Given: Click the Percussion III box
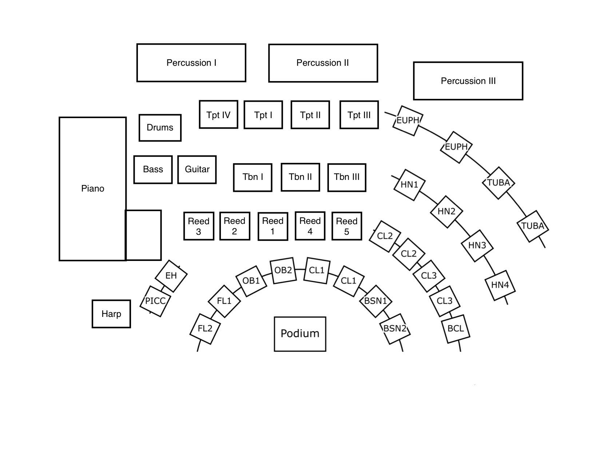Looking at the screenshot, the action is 468,81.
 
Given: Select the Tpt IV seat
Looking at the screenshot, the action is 218,114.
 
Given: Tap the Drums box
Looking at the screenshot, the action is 160,128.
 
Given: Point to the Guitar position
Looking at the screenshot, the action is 197,169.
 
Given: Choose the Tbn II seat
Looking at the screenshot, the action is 301,177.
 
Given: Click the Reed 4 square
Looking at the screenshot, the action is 310,226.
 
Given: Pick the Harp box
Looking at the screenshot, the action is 111,314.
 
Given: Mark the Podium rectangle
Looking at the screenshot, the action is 300,334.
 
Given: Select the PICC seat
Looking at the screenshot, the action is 155,301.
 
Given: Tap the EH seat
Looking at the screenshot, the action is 171,276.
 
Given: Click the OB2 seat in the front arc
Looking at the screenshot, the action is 283,270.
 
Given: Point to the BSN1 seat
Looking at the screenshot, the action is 376,301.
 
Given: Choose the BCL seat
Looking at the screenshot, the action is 456,329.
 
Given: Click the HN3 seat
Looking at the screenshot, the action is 477,245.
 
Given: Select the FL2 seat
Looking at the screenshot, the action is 205,329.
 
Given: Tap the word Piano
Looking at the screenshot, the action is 93,189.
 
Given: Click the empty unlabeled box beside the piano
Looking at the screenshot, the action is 143,235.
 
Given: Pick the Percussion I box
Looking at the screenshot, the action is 191,63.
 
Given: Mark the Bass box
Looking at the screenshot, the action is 153,169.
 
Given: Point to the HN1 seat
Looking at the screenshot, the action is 409,185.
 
